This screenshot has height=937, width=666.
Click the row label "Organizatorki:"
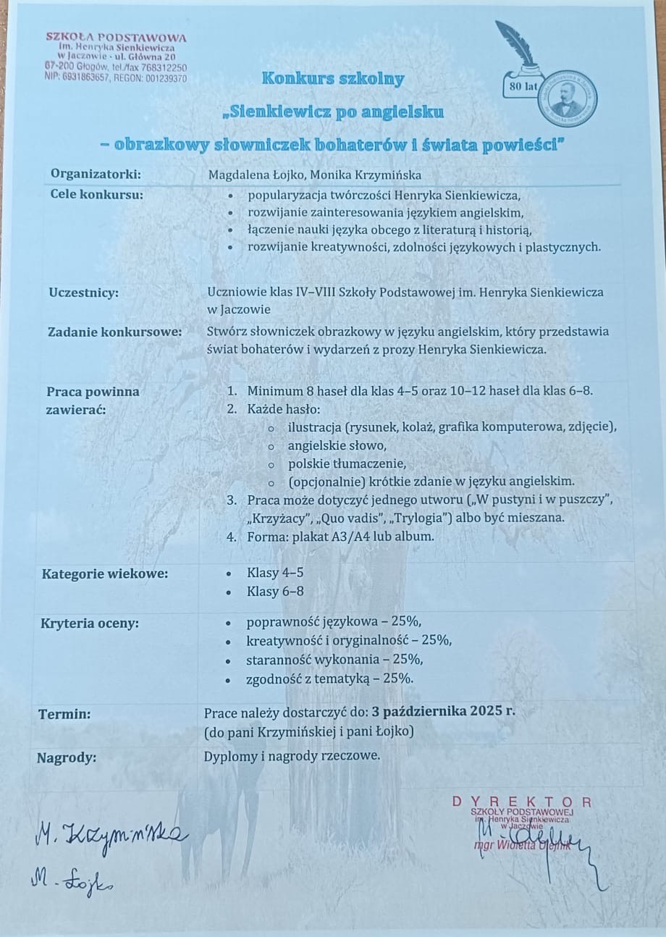pyautogui.click(x=96, y=174)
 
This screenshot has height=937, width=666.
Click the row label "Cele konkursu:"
pyautogui.click(x=96, y=194)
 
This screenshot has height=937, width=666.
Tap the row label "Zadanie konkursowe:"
pyautogui.click(x=114, y=332)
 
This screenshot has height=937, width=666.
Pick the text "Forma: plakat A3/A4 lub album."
pyautogui.click(x=340, y=537)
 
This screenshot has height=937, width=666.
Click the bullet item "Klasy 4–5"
pyautogui.click(x=275, y=573)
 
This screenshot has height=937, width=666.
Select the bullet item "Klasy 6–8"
pyautogui.click(x=275, y=592)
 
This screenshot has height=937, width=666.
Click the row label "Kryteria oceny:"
pyautogui.click(x=90, y=623)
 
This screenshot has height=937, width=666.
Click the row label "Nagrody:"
pyautogui.click(x=67, y=757)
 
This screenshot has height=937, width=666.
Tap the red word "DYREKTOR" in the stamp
pyautogui.click(x=521, y=802)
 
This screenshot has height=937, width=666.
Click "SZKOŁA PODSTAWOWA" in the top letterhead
pyautogui.click(x=116, y=37)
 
